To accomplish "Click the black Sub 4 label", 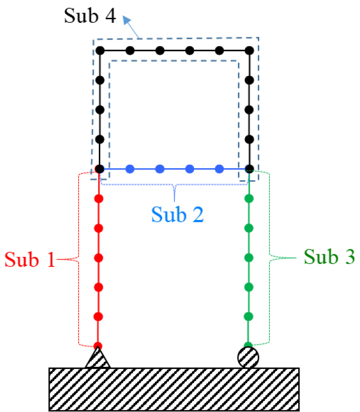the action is [90, 16].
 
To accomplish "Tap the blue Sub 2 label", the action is [177, 215].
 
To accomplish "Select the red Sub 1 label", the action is [30, 259].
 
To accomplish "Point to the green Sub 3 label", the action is [329, 256].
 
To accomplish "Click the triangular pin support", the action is [98, 358].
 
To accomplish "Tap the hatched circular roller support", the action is [248, 357].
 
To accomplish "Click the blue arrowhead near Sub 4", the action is [127, 20].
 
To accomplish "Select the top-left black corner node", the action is [100, 51].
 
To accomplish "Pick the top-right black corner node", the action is [250, 51].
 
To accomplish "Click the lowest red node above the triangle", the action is [98, 346].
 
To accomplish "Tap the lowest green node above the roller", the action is [248, 345].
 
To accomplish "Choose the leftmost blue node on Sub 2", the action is [130, 169].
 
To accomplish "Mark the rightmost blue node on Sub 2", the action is [219, 169].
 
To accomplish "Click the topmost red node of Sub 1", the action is [99, 199].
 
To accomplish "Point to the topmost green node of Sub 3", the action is [249, 199].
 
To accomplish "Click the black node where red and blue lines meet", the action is [100, 169].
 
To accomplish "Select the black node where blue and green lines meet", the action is [250, 169].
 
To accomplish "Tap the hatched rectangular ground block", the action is [174, 389].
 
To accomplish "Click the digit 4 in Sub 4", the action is [110, 16].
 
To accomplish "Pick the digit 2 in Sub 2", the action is [198, 215].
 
